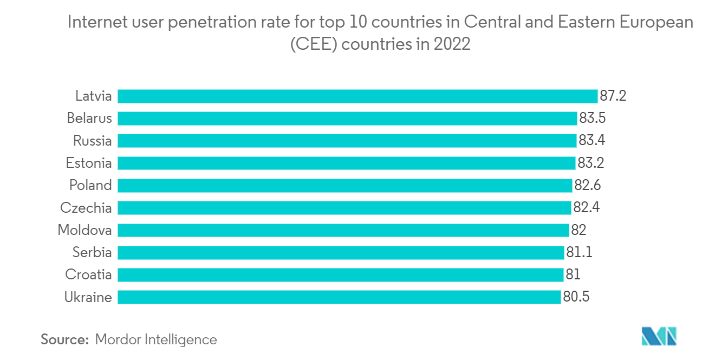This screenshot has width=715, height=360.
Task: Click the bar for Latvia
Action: (x=357, y=96)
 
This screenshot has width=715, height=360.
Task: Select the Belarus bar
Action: (x=347, y=119)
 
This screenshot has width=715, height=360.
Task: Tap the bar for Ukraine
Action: (x=339, y=297)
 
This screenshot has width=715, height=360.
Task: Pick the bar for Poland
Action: (x=345, y=185)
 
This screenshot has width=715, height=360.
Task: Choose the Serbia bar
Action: (x=341, y=252)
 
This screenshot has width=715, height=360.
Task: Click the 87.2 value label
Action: (x=613, y=96)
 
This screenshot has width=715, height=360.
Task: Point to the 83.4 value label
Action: (x=591, y=141)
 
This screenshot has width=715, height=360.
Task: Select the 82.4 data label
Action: (x=586, y=207)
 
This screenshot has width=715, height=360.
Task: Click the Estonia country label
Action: (x=89, y=163)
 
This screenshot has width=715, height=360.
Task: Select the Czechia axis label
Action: (x=86, y=207)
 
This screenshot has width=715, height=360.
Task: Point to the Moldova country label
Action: (x=84, y=230)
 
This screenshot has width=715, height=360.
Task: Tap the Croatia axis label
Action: (x=88, y=274)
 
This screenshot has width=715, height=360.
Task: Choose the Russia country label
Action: (x=93, y=141)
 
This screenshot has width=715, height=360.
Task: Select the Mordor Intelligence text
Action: (x=156, y=339)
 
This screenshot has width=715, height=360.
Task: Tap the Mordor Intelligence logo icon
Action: (x=659, y=336)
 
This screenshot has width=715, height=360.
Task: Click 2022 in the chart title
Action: (x=452, y=44)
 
